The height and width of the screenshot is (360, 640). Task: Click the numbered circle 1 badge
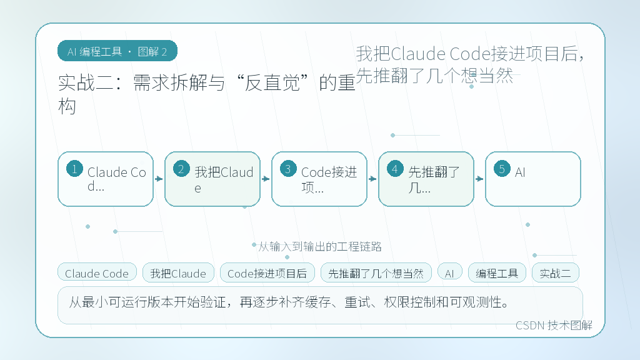pos(75,169)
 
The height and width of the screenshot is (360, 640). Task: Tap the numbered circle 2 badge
pos(181,169)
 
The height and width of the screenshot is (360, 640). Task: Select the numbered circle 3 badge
pos(288,169)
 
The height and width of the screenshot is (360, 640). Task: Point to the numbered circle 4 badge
pos(395,169)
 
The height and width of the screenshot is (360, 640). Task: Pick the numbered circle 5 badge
pos(502,169)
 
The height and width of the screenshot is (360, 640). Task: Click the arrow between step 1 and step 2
pos(159,179)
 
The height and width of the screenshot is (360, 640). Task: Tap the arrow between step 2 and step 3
pos(266,179)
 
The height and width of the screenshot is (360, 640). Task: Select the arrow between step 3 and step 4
pos(372,179)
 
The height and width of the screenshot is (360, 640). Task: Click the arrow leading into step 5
pos(479,179)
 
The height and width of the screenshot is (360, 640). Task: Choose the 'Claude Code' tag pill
pos(97,272)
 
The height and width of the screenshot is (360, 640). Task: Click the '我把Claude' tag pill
pos(178,272)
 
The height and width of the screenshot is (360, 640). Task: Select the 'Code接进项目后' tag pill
pos(267,272)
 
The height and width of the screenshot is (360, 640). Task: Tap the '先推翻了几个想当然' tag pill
pos(376,272)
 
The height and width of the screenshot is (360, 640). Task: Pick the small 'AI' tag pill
pos(450,272)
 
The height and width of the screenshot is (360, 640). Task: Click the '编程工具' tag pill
pos(497,272)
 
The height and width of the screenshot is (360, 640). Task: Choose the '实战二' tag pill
pos(556,272)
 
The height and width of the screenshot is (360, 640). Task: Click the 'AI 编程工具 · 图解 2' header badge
pos(117,51)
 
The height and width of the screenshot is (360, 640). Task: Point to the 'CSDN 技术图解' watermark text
pos(554,325)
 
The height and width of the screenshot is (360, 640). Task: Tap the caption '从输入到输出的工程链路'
pos(320,246)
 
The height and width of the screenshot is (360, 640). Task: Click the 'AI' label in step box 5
pos(520,172)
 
